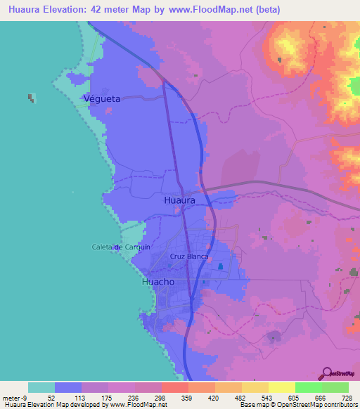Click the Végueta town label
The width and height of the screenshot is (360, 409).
pyautogui.click(x=102, y=99)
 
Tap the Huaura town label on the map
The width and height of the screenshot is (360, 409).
pyautogui.click(x=179, y=200)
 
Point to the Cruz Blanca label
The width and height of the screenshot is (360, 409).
pyautogui.click(x=190, y=257)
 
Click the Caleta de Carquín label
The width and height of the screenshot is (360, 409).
pyautogui.click(x=117, y=247)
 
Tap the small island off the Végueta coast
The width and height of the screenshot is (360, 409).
pyautogui.click(x=32, y=98)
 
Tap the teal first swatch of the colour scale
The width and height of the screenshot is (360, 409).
pyautogui.click(x=41, y=387)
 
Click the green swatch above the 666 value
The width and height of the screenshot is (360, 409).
pyautogui.click(x=308, y=387)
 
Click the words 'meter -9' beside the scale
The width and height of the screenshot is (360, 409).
pyautogui.click(x=14, y=397)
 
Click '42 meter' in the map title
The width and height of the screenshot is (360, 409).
pyautogui.click(x=125, y=10)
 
